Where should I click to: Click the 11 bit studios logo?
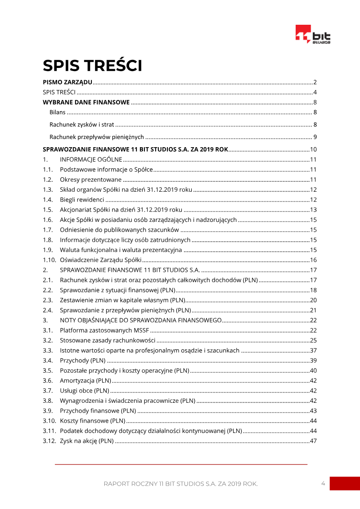click(313, 35)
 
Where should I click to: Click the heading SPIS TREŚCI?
click(92, 66)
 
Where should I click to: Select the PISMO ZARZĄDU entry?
click(67, 82)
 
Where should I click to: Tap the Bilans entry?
click(58, 112)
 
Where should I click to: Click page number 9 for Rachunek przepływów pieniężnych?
click(315, 137)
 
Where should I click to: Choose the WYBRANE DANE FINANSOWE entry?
click(86, 102)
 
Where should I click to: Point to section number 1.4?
click(48, 199)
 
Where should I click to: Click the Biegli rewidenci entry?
click(82, 199)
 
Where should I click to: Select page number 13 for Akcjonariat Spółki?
click(314, 210)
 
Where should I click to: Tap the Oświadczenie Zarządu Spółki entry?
click(101, 260)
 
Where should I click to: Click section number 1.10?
click(49, 260)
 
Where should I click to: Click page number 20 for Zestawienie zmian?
click(314, 300)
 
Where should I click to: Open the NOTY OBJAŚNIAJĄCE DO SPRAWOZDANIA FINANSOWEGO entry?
click(140, 320)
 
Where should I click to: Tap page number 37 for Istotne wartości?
click(314, 351)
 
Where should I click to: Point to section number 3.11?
click(49, 431)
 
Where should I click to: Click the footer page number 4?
click(323, 483)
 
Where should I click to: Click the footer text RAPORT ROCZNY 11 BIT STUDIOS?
click(180, 484)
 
